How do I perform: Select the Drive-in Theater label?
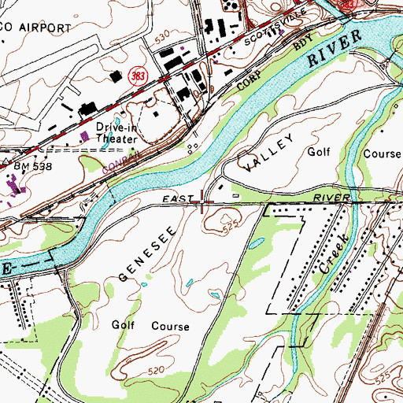(x=116, y=132)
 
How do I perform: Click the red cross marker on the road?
(x=205, y=205)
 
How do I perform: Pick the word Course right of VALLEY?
(x=383, y=153)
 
